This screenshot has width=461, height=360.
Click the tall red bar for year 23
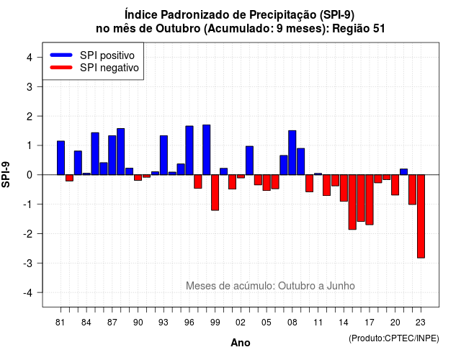(x=421, y=216)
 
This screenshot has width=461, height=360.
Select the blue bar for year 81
(x=61, y=158)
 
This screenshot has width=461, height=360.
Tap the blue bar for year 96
(x=189, y=150)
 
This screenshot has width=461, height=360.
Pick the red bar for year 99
(x=215, y=192)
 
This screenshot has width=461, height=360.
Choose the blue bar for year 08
(x=292, y=153)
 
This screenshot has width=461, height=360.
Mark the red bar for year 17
(x=370, y=200)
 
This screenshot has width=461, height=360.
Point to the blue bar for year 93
(x=164, y=156)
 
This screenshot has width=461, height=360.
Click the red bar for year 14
(x=344, y=188)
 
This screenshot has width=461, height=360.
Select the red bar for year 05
(x=267, y=182)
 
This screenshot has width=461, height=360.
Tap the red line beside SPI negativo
(x=61, y=68)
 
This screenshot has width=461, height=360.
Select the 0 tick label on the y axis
(x=30, y=175)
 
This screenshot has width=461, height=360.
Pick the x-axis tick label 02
(x=241, y=323)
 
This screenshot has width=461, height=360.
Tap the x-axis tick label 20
(x=395, y=323)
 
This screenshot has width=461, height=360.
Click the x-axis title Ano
(x=241, y=343)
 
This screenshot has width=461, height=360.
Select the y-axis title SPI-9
(x=6, y=174)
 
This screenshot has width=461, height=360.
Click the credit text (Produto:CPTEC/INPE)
(x=394, y=338)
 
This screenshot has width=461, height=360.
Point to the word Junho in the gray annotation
(x=341, y=286)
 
